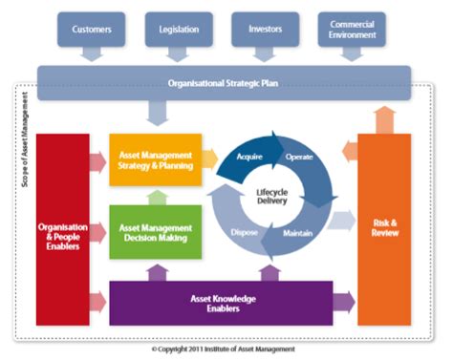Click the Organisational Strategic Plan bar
coord(224,82)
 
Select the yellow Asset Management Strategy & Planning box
coord(156,161)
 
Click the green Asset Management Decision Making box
coord(156,232)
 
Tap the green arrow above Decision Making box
coord(156,196)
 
